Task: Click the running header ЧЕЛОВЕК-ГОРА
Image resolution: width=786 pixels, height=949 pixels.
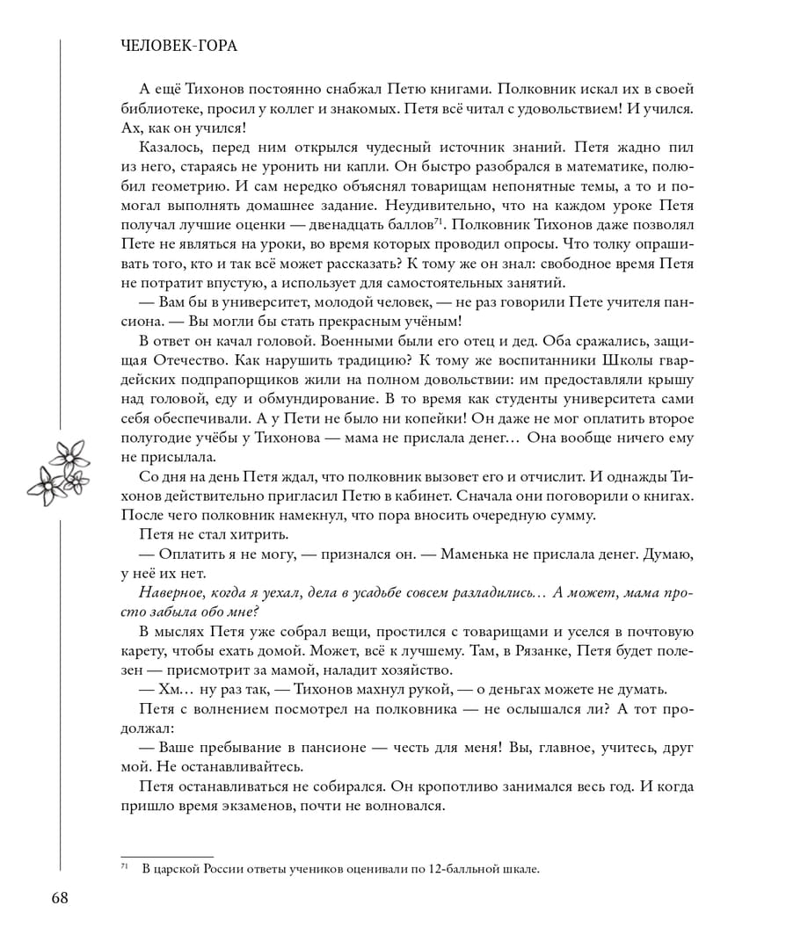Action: (180, 46)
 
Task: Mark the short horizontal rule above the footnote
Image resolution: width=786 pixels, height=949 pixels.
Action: (166, 856)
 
